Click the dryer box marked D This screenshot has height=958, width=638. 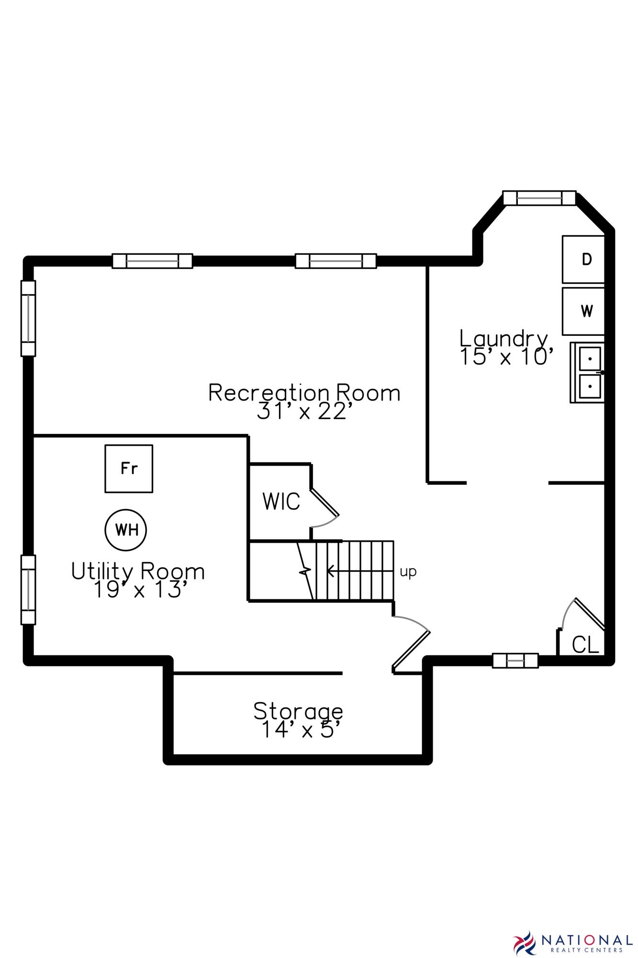click(x=583, y=259)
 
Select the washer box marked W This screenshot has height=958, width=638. click(x=583, y=311)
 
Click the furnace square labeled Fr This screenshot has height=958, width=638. click(x=129, y=468)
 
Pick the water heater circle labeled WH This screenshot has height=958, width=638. click(x=126, y=530)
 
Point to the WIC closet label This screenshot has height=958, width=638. click(x=281, y=502)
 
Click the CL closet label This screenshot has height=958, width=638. click(x=585, y=645)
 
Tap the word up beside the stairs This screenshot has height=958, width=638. click(x=408, y=571)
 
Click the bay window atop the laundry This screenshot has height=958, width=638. click(x=539, y=197)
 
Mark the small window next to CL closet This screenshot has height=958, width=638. click(x=515, y=661)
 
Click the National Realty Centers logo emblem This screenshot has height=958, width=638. click(x=525, y=942)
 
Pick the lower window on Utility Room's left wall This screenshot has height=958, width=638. click(x=28, y=590)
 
